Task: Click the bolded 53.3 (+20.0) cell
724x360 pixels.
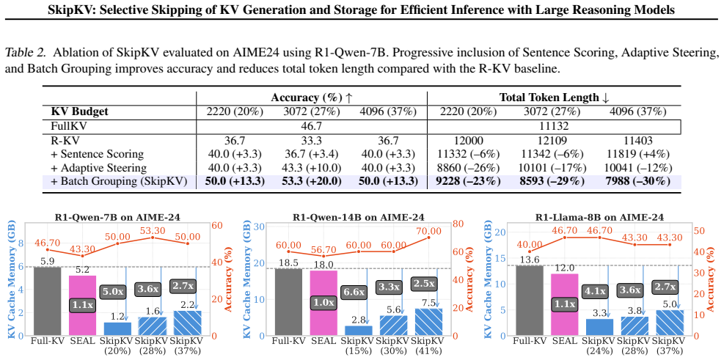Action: (x=311, y=181)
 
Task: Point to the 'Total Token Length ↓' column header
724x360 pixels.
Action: (x=554, y=98)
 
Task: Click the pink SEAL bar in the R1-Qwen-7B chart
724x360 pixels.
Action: (x=83, y=305)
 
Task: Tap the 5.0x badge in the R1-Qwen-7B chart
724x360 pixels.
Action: (x=113, y=292)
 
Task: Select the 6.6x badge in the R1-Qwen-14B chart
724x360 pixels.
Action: (x=355, y=292)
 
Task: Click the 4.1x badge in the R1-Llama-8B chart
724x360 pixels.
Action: (x=596, y=292)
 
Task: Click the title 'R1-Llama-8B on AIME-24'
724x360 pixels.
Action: (x=600, y=217)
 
